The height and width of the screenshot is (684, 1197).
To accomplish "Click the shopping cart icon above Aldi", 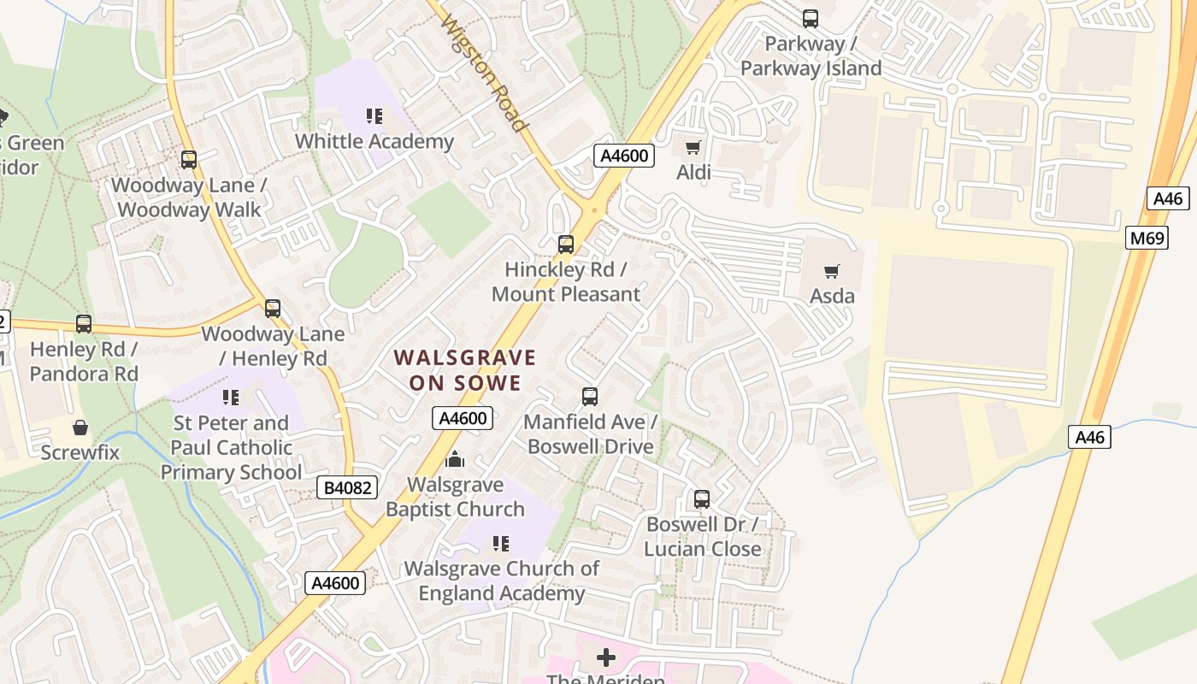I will [693, 147].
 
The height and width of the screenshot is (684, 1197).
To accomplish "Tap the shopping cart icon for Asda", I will [831, 271].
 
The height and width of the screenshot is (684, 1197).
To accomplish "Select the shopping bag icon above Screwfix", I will [80, 427].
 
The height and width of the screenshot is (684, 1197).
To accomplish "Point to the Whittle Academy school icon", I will [374, 116].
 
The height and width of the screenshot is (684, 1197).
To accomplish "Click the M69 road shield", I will [1147, 238].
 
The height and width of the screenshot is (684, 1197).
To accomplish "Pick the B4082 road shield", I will [347, 487].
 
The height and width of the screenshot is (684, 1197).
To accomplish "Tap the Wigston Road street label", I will [484, 74].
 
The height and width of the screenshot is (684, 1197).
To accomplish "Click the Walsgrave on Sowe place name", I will [465, 369].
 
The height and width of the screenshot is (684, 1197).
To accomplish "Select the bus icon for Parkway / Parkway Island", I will [810, 18].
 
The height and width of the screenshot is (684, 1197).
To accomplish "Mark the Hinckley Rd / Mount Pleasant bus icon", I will [565, 245].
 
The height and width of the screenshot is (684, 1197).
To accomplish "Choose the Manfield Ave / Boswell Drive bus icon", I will [590, 396].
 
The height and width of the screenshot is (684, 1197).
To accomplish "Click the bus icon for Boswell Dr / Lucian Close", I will [702, 498].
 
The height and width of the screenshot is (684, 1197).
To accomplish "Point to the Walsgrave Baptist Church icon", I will [455, 460].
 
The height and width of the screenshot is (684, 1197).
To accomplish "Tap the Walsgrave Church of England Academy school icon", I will [501, 543].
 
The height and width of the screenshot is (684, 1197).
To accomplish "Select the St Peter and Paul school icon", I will [231, 397].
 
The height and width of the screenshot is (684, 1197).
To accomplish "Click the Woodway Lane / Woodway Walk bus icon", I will [189, 159].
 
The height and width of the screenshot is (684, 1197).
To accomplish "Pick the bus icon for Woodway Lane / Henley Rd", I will [273, 309].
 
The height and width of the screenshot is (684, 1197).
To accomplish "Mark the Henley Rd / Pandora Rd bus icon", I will [84, 324].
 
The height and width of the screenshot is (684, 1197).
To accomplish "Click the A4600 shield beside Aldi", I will [624, 156].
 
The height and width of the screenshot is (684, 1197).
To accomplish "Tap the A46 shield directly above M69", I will [1167, 198].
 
